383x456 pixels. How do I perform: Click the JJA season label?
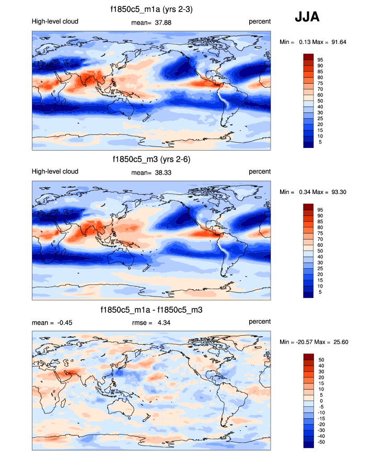coord(307,17)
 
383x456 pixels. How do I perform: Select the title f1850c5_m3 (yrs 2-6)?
coord(152,159)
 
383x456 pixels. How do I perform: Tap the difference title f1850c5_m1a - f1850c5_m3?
coord(152,310)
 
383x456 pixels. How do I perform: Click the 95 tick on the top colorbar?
coord(320,60)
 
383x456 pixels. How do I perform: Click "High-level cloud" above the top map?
coord(55,22)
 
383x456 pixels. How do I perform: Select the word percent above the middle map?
coord(260,172)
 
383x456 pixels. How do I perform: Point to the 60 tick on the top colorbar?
coord(320,95)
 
